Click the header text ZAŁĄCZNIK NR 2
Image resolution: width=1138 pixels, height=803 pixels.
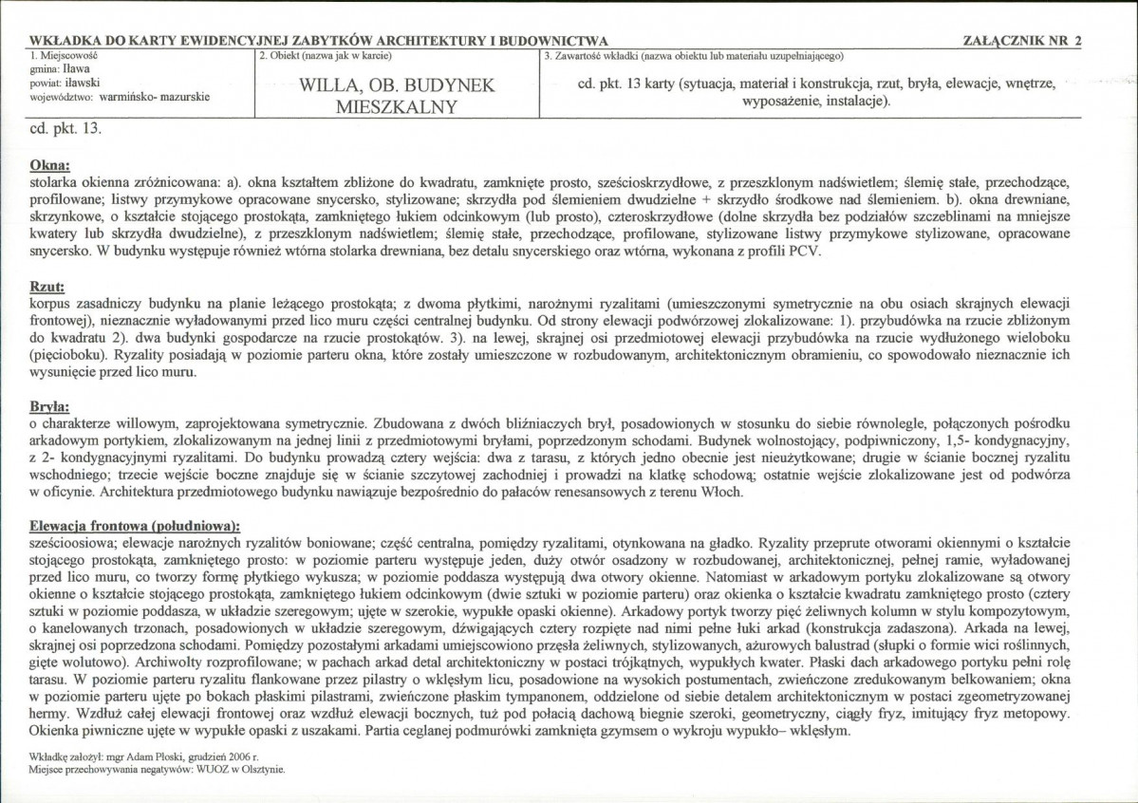coord(1021,42)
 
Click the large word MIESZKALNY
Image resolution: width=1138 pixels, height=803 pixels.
coord(397,107)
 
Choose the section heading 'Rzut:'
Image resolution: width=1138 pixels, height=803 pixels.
coord(47,286)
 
